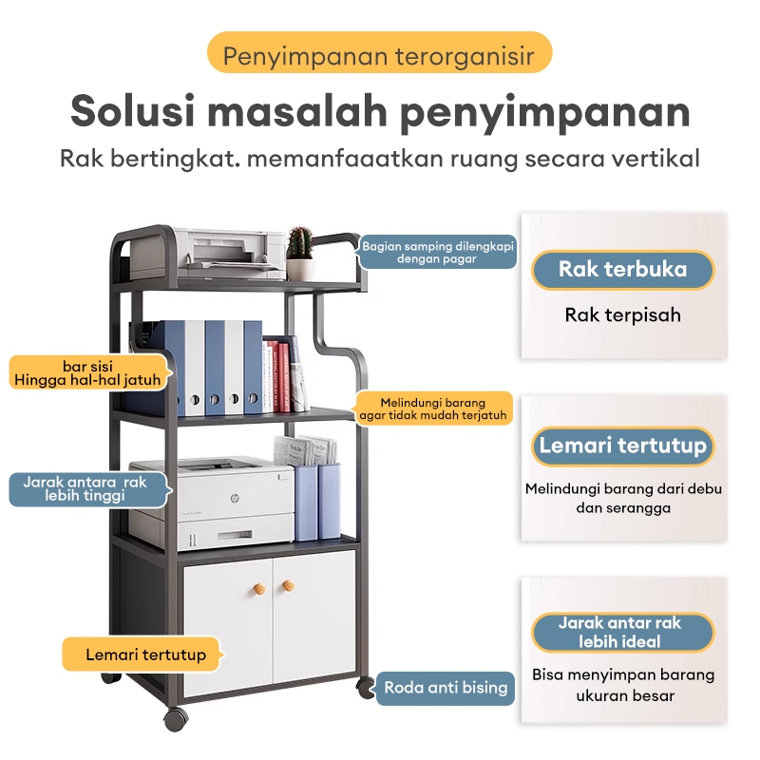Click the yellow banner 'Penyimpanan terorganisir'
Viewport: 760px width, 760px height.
379,56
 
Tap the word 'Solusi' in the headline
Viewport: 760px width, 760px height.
132,111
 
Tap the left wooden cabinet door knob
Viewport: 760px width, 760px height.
256,590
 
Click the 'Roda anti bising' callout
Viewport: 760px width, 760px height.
446,688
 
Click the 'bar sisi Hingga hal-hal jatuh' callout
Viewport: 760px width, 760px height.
90,372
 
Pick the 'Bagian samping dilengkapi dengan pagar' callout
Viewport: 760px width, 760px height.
438,252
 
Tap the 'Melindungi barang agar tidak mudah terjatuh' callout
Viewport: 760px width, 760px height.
434,408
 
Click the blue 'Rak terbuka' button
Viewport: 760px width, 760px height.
622,270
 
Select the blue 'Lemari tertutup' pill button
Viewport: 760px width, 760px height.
622,446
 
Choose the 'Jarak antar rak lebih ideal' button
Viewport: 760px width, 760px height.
622,632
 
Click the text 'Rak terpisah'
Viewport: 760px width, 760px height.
622,314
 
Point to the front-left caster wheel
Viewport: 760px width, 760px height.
175,718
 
